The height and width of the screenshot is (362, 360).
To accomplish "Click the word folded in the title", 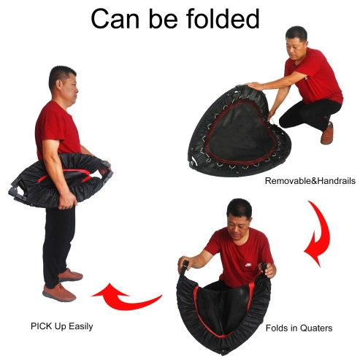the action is coord(223,19).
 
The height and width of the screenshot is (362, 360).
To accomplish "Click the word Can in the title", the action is coord(115,19).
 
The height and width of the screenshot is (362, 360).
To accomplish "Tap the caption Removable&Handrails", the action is coord(310,181).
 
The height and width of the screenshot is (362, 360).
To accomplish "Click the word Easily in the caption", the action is coord(81,326).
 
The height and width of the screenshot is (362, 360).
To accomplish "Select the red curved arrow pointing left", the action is coord(126,297).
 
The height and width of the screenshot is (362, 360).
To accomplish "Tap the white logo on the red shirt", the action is coord(248,265).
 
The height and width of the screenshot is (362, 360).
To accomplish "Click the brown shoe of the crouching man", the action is coord(327,134).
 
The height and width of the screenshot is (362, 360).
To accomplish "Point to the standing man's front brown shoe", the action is coord(59,293).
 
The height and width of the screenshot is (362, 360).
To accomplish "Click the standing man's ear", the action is coord(59,85).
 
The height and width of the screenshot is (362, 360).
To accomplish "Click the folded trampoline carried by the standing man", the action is coord(61,180).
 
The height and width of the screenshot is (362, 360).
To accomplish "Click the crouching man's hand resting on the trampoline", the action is coord(254,86).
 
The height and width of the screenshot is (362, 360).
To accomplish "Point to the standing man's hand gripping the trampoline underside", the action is coord(66,201).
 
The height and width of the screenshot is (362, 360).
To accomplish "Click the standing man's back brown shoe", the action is coord(71,275).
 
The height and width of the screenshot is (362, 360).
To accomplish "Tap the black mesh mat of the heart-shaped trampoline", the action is coord(240,133).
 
